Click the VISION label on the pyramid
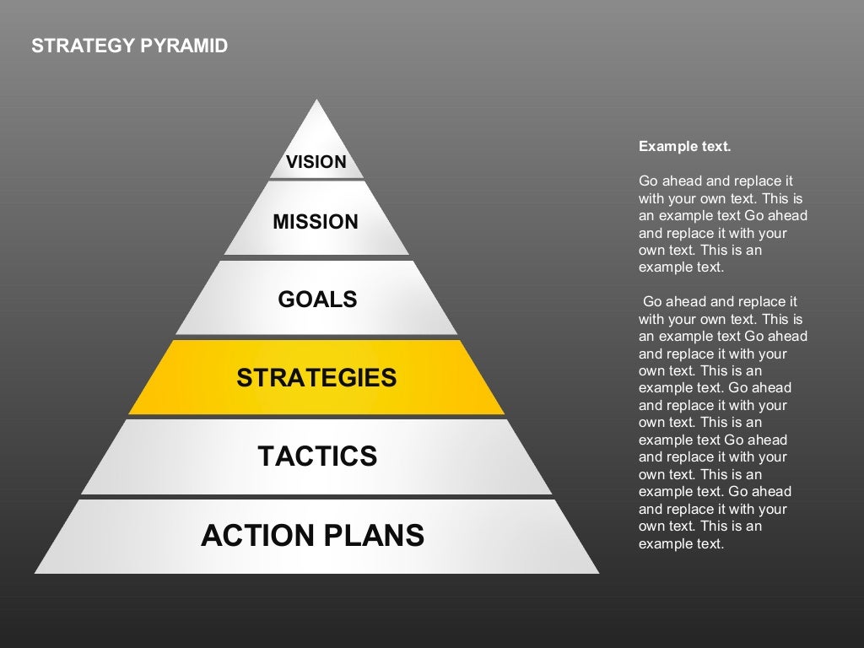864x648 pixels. (316, 162)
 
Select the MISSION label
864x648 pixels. (316, 222)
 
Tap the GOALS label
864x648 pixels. (317, 300)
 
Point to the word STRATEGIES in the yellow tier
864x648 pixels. (316, 377)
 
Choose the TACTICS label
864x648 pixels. (317, 456)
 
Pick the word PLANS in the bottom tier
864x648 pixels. (375, 535)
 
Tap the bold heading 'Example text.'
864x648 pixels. (684, 146)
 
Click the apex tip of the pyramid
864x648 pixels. (316, 100)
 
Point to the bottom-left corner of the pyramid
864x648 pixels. (35, 573)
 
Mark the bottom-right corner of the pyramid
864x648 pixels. (598, 573)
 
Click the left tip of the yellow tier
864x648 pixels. (130, 413)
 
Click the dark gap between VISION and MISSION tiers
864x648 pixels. (316, 180)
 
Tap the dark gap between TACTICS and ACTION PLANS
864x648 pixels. (316, 497)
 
